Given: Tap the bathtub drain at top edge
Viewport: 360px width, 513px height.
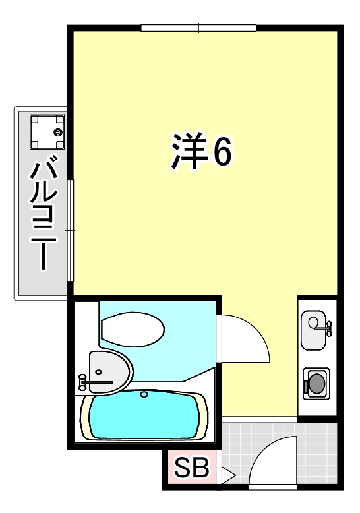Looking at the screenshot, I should point(144,396).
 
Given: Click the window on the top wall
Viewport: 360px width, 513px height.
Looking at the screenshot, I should point(198,28).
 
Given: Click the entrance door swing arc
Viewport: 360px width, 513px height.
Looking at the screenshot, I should point(272,466).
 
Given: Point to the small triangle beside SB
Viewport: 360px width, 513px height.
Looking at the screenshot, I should point(227,473).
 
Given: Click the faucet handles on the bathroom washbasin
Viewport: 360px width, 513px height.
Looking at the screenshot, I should point(83,380).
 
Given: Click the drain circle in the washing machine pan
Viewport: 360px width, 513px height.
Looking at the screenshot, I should point(57,133).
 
